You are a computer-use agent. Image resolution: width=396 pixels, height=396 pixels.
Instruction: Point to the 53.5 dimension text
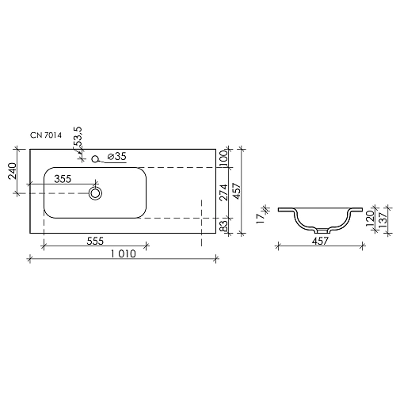click(77, 138)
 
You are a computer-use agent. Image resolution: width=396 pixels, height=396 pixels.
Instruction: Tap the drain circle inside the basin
click(95, 192)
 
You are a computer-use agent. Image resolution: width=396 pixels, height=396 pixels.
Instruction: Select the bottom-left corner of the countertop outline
click(30, 234)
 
